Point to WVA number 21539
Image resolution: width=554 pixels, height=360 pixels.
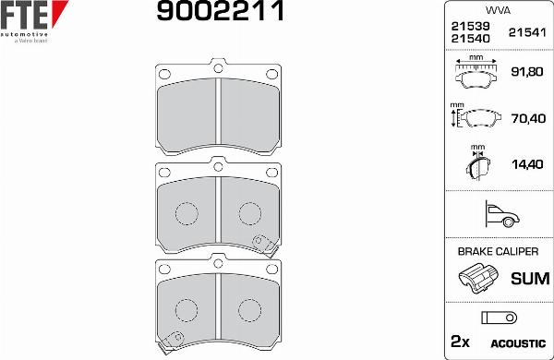coord(470,27)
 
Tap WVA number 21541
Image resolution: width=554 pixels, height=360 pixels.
coord(527,32)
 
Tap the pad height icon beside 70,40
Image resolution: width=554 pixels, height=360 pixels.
coord(475,118)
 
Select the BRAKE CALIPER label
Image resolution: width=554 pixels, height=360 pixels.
coord(497,251)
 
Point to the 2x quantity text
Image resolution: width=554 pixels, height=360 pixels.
coord(459,342)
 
